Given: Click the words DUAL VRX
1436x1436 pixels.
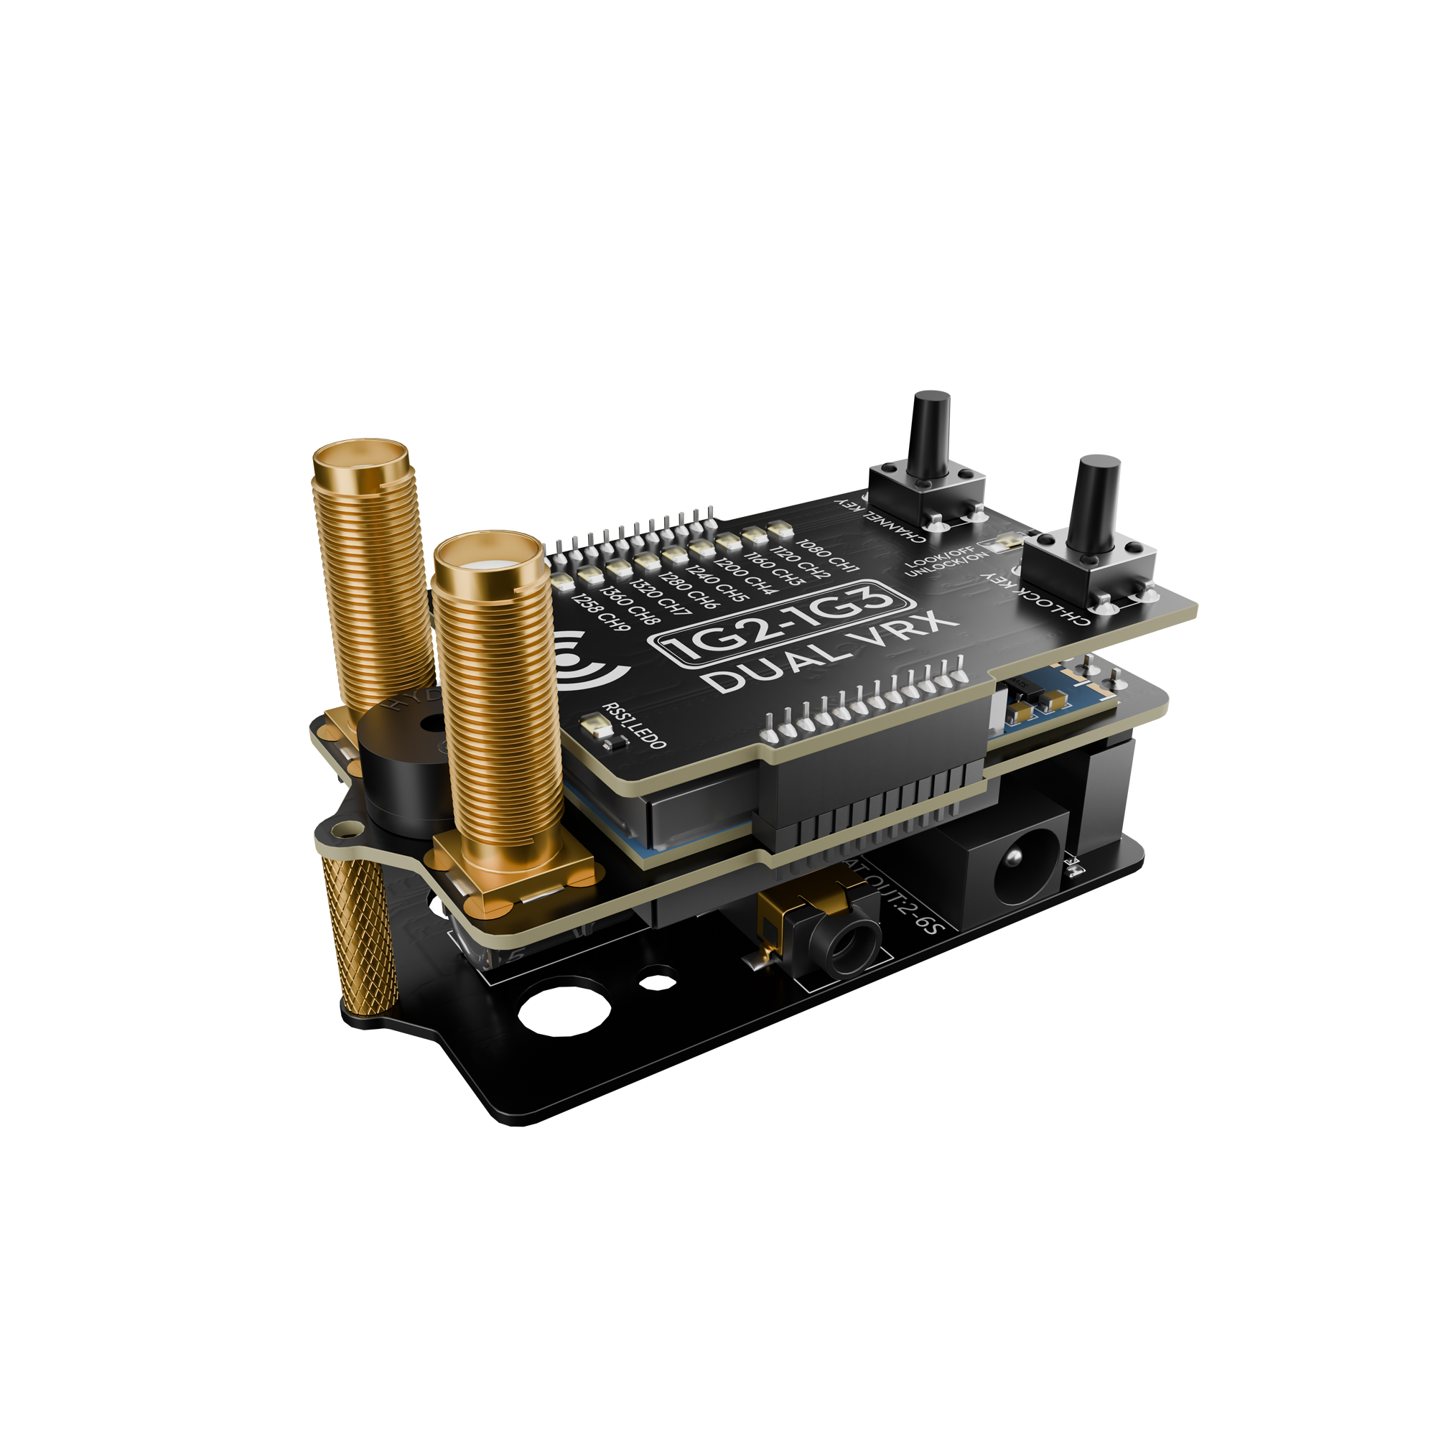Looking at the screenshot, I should click(828, 653).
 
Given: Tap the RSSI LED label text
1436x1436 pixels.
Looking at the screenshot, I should click(634, 724).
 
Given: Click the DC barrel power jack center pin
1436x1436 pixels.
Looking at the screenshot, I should click(1012, 860).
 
